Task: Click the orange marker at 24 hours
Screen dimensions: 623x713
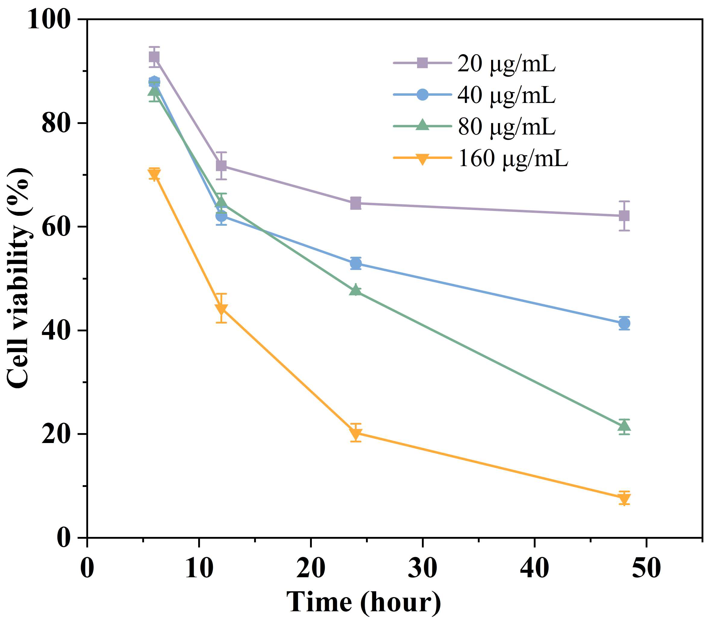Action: click(356, 433)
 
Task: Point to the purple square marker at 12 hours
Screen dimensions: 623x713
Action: click(221, 166)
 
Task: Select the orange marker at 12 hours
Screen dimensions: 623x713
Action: click(221, 309)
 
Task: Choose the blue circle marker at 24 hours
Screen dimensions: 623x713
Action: click(356, 264)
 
